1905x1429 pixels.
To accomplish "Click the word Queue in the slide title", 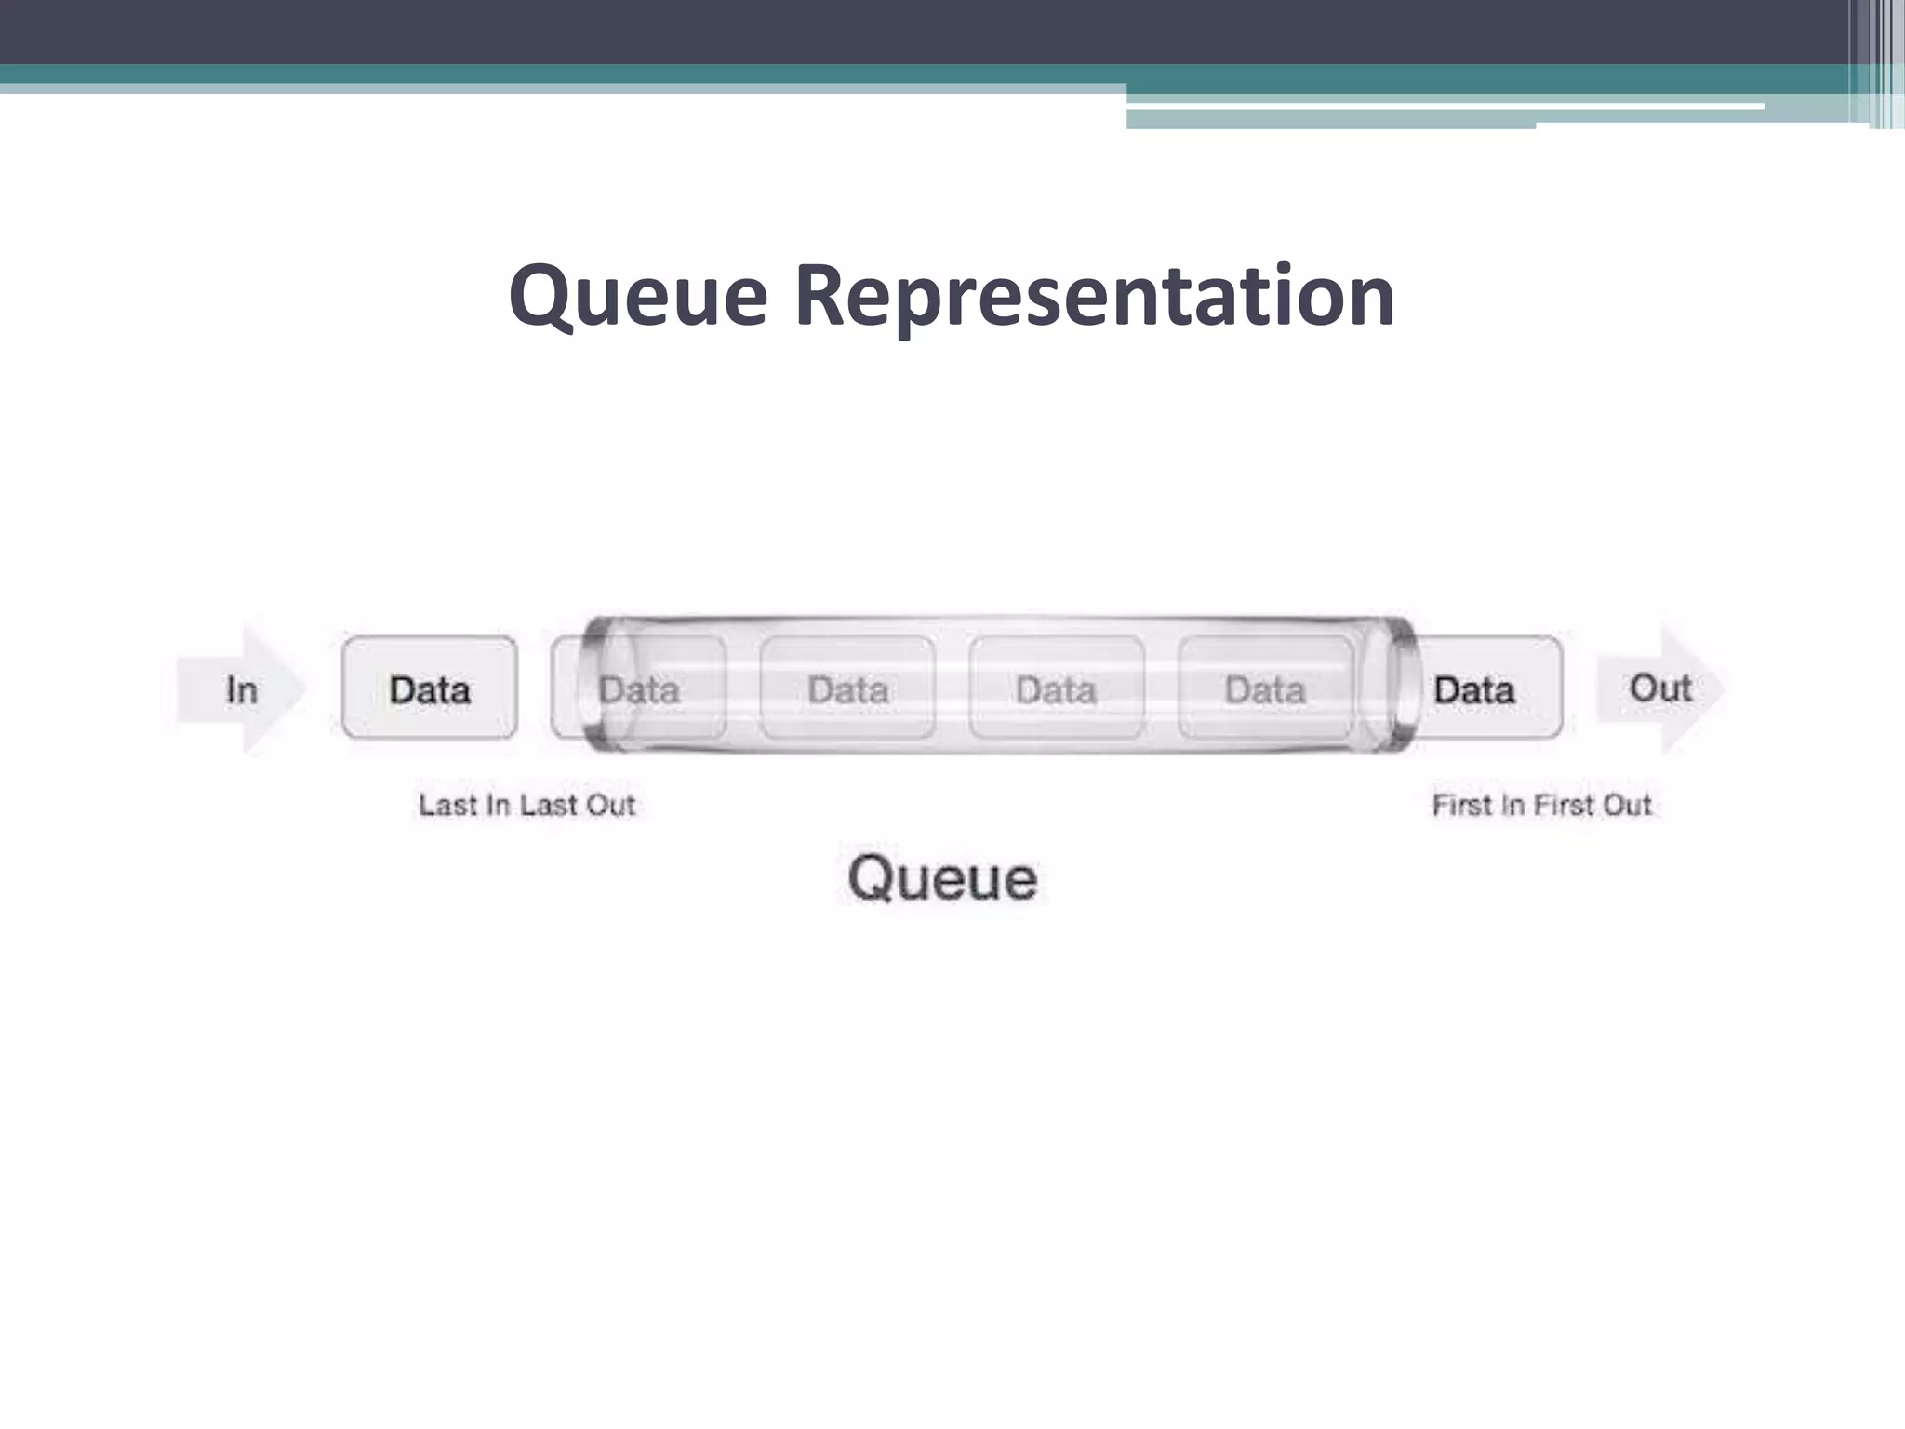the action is [x=638, y=296].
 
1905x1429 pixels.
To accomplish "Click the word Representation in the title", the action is [x=1094, y=296].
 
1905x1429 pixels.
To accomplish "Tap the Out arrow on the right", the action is [x=1661, y=688].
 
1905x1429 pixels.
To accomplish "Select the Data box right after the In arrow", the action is [x=430, y=689].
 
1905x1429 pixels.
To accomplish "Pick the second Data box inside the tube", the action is [x=847, y=689].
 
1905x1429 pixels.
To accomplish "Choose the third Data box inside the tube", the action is [x=1056, y=689].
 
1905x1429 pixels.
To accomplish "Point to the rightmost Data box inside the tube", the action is [x=1265, y=689].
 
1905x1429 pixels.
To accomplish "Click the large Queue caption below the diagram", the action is [x=941, y=877].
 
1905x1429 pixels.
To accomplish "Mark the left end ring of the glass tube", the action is [x=599, y=685].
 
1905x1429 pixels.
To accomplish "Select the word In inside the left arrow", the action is [x=242, y=689].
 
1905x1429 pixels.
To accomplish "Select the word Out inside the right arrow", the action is [x=1660, y=688].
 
